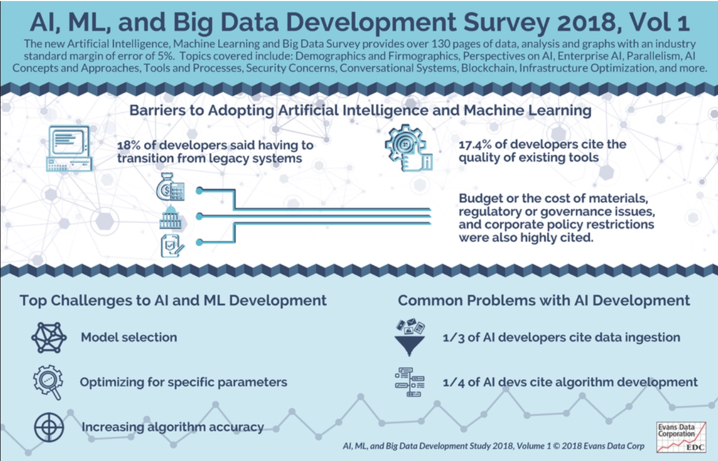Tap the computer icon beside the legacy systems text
coord(70,147)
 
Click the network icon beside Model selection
coord(49,338)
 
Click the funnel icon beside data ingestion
coord(408,337)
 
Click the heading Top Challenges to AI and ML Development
coord(173,301)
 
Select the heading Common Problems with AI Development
coord(544,301)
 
